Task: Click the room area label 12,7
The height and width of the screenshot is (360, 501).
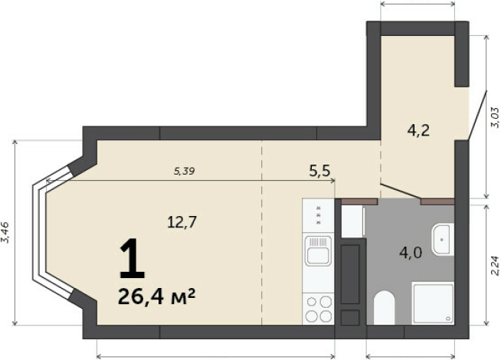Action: click(x=182, y=221)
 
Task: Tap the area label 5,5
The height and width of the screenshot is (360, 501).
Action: click(x=319, y=172)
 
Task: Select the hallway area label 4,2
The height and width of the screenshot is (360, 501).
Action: click(x=418, y=130)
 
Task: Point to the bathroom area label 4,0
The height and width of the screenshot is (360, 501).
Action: click(x=411, y=253)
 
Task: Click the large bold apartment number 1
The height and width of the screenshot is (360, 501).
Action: click(x=132, y=259)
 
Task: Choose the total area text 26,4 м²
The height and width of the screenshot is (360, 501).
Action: click(x=156, y=296)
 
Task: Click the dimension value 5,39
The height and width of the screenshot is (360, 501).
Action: click(x=185, y=172)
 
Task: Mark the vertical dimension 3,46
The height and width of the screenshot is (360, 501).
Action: click(x=5, y=233)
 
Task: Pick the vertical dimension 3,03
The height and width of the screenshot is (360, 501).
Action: click(x=495, y=117)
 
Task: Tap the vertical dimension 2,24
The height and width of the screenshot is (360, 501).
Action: click(x=495, y=266)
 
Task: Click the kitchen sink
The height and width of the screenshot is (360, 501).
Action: click(x=318, y=250)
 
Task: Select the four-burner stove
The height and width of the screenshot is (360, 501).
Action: click(x=319, y=309)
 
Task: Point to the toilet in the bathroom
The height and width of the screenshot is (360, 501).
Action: click(x=384, y=307)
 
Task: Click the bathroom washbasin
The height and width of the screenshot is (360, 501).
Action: click(x=443, y=239)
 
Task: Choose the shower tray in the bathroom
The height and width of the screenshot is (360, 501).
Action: click(x=433, y=303)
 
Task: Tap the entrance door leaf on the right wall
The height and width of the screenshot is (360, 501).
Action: click(x=477, y=115)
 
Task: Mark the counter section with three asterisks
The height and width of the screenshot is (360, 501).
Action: click(x=318, y=215)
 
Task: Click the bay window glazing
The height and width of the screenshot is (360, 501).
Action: click(x=52, y=233)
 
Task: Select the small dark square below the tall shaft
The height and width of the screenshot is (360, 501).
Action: click(x=350, y=318)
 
